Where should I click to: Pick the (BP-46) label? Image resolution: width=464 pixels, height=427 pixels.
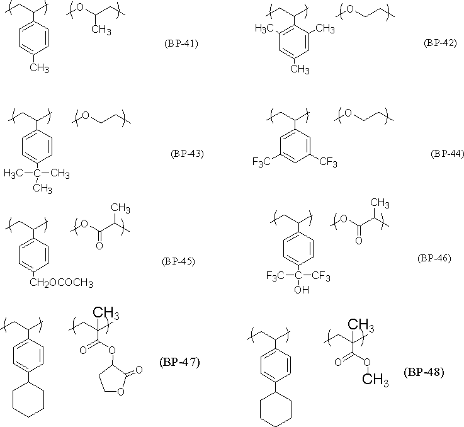click(x=434, y=258)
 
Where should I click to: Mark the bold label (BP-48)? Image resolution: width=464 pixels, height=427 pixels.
click(x=424, y=372)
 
